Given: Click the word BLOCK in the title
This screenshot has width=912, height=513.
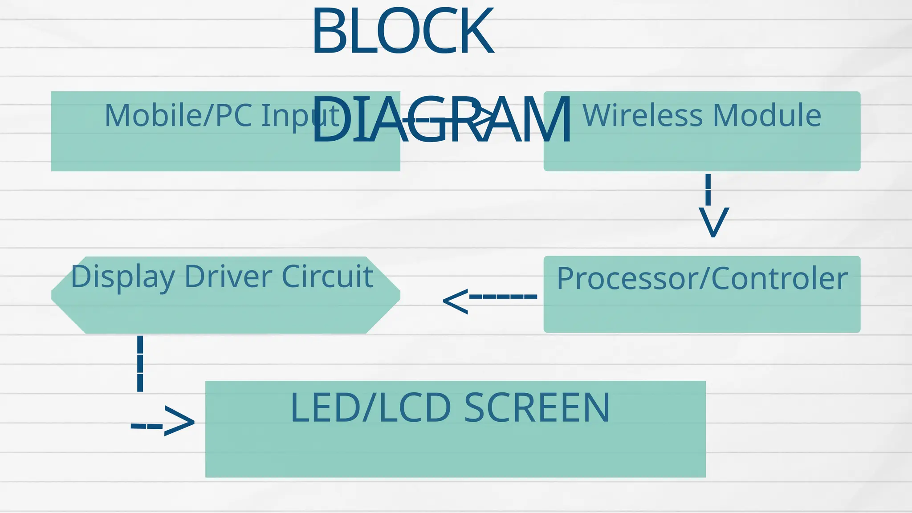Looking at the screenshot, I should coord(403,31).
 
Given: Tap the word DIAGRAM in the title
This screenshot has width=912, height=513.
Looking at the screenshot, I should coord(441,120).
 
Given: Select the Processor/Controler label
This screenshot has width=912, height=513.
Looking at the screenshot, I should coord(702,279).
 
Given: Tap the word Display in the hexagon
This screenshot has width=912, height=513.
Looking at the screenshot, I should coord(122,277).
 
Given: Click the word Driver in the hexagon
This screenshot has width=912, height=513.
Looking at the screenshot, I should coord(228,277).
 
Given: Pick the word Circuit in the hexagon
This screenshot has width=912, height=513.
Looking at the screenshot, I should coord(327,277).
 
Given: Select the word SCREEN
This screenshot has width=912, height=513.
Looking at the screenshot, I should coord(537,408).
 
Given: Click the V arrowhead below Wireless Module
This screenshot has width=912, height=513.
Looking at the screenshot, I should coord(713,222).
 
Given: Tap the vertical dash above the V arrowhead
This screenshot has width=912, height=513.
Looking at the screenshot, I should coord(708,189).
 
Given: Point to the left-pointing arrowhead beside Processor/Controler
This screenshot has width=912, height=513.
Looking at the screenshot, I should coord(456,301).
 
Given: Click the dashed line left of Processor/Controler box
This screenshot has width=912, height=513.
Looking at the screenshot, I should coord(503,296).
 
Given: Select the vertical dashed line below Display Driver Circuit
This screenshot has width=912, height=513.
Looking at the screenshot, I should coord(140,363).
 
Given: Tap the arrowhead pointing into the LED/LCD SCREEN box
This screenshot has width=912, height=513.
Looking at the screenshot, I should coord(179,421).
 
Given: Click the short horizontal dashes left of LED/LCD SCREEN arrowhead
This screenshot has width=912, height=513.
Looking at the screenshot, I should coord(147,427).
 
